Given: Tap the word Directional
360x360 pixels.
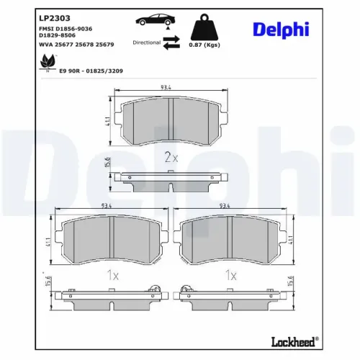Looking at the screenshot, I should point(146,42).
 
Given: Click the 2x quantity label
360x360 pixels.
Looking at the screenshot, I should point(170,156).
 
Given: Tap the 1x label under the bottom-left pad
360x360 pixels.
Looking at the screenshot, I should point(112,274).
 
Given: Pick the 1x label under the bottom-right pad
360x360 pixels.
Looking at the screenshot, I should point(231,274).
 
